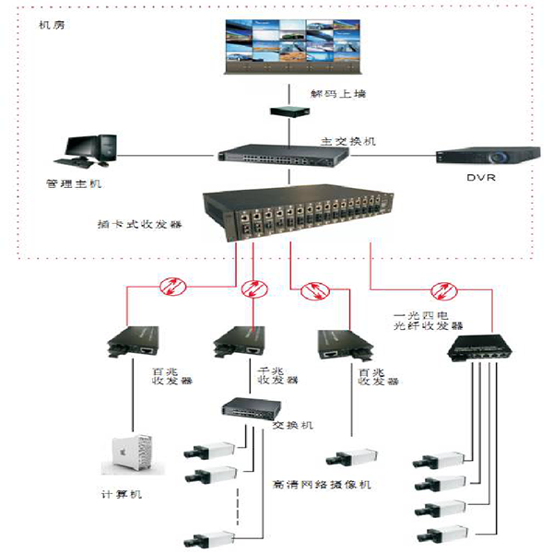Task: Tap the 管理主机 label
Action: coord(76,184)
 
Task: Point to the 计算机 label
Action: coord(123,494)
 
